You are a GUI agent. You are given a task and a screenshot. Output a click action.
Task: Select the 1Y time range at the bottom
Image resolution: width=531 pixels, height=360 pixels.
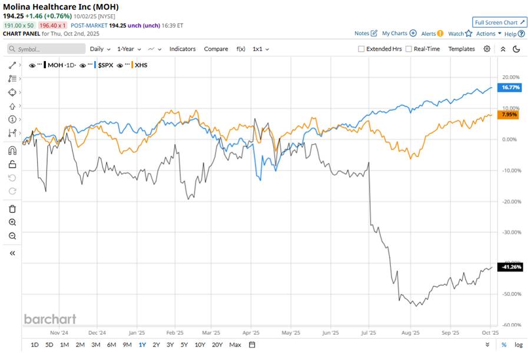[142, 345]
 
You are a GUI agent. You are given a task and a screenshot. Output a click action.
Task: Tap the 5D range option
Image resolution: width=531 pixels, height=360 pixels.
[50, 345]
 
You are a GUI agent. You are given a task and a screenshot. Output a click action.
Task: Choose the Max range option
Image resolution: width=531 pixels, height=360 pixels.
[235, 345]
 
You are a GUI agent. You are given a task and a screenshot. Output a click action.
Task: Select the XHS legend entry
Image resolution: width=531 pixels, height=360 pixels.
[141, 65]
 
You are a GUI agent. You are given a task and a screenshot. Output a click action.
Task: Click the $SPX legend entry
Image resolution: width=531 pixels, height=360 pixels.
[107, 65]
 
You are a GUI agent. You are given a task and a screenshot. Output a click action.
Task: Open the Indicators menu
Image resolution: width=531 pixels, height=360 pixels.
[182, 49]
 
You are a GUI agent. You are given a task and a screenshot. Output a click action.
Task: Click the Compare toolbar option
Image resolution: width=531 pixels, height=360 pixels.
[216, 49]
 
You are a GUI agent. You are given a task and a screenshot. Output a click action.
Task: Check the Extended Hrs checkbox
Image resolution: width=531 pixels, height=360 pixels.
[361, 49]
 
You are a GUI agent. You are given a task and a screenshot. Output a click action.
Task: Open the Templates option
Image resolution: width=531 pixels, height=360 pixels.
[462, 49]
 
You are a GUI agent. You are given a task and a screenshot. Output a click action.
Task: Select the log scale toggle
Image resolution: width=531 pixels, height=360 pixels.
[518, 345]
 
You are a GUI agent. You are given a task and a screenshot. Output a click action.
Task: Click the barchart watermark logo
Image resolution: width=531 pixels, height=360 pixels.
[50, 319]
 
